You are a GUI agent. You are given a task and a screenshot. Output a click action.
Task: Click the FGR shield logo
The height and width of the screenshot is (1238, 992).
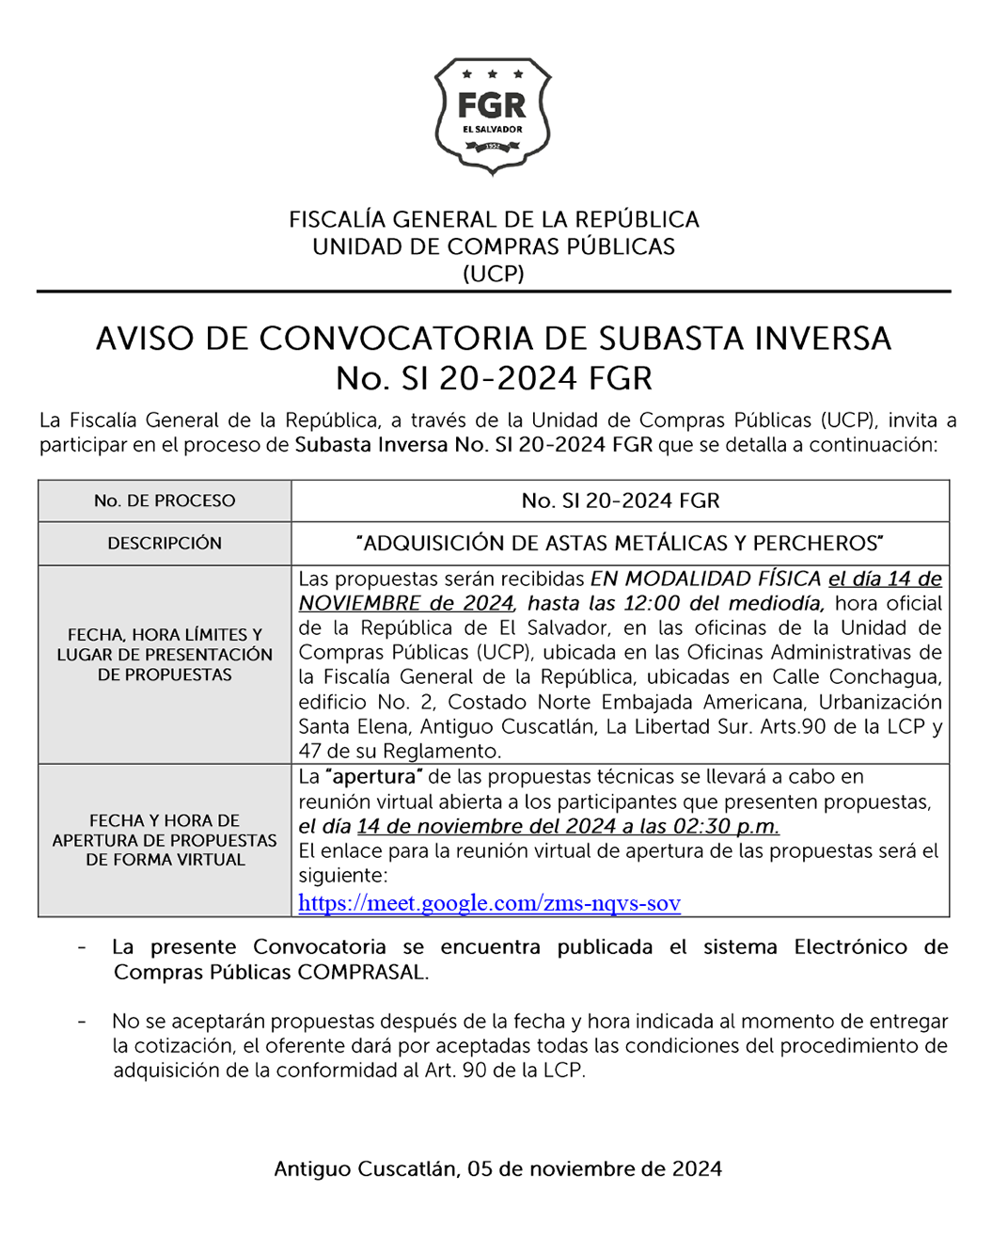point(493,115)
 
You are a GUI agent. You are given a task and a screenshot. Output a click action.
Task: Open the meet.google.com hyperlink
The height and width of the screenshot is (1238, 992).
point(489,903)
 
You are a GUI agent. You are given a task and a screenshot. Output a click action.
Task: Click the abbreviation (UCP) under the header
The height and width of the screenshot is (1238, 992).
point(494,274)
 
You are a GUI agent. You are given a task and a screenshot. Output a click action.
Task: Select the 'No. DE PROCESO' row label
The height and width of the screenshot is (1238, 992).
point(165,500)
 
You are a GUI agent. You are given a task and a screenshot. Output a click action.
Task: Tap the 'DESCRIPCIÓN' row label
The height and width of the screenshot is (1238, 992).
point(165,543)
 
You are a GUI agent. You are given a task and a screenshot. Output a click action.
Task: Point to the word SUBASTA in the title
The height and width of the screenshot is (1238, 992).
point(675,339)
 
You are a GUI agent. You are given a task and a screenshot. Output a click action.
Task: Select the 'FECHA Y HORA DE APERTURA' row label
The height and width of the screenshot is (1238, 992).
point(165,839)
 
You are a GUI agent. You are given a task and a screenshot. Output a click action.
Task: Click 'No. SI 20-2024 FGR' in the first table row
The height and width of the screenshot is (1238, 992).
point(621,500)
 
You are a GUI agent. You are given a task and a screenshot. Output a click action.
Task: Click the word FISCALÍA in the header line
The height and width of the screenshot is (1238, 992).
point(337,220)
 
